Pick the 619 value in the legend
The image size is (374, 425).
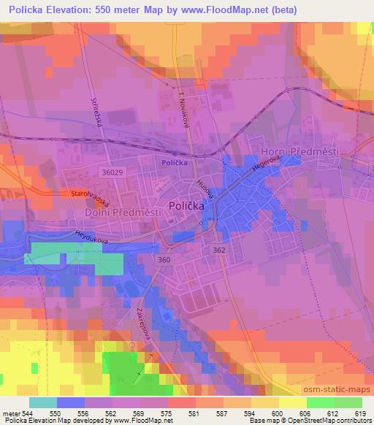tap(360, 413)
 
